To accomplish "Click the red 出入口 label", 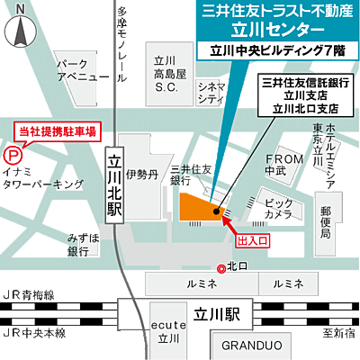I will click(x=251, y=241).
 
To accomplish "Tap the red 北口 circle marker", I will click(x=221, y=267).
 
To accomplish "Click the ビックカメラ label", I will click(x=278, y=210).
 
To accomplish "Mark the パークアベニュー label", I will click(x=76, y=73).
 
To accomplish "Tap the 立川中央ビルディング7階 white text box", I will click(x=275, y=51).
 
